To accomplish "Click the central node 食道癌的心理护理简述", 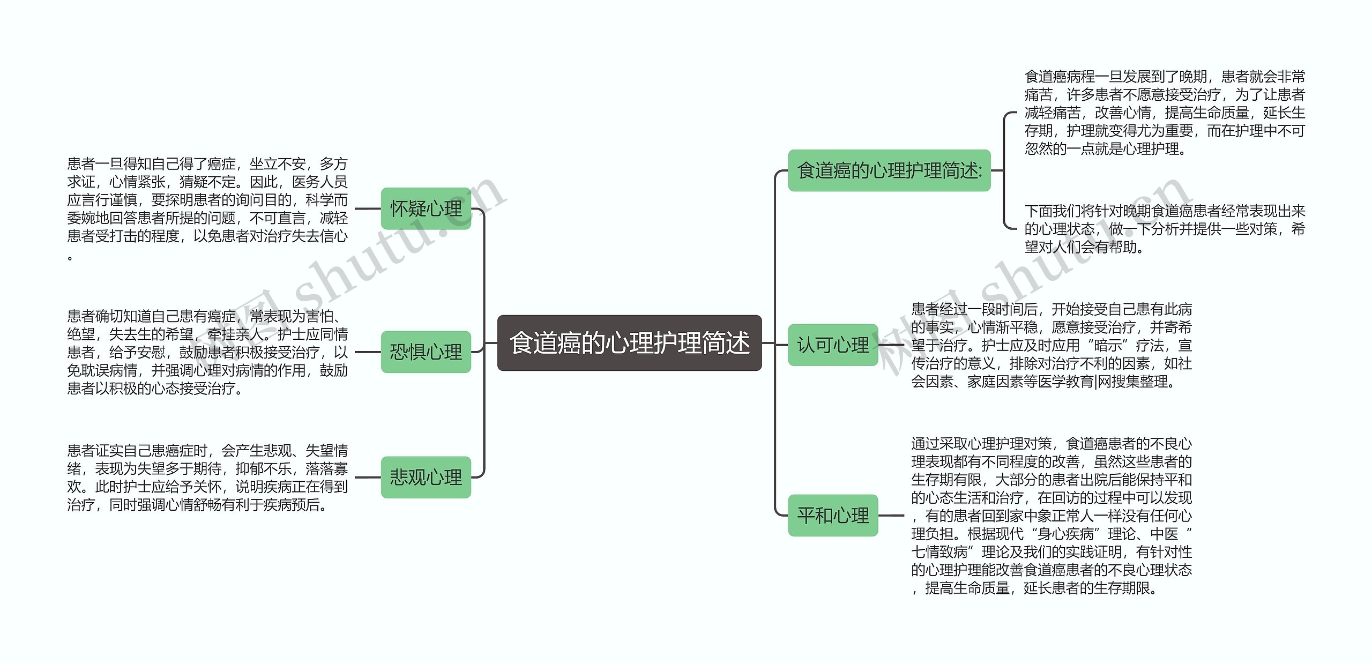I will [629, 343].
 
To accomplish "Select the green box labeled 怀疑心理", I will [426, 208].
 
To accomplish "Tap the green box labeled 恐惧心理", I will [426, 352].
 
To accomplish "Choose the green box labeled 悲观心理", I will [426, 477].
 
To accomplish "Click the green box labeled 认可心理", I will [833, 345].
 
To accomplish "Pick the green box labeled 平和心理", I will [833, 516].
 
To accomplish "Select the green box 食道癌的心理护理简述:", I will [889, 170].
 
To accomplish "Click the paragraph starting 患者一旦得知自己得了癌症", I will [207, 209].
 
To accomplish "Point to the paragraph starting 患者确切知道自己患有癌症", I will [207, 352].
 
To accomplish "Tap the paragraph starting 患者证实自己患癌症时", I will [207, 477].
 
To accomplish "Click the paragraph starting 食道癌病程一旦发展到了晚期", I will [1164, 113].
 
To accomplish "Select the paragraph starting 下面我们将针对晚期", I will [1164, 229].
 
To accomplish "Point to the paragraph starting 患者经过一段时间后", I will [1052, 345].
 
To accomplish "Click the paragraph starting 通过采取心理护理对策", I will [1052, 516].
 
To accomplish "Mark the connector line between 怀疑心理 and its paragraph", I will [368, 208].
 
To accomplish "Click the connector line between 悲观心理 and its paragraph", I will [368, 477].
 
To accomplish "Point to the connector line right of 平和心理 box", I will [891, 516].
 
